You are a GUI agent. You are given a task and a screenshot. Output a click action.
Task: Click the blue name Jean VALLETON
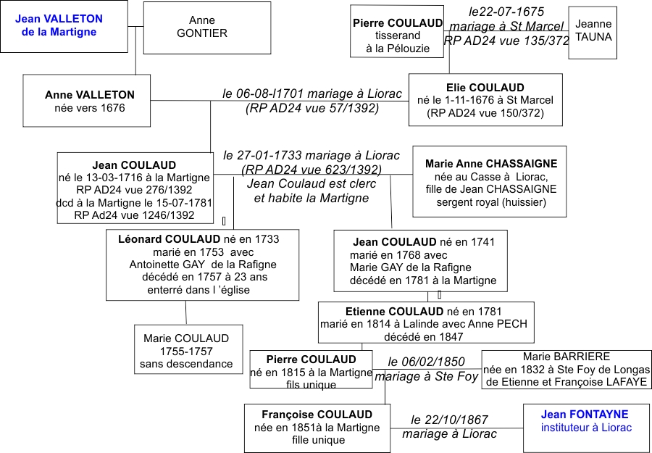(59, 19)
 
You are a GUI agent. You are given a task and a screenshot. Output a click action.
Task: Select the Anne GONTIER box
(207, 28)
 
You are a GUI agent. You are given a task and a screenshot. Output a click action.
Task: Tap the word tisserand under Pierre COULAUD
(398, 36)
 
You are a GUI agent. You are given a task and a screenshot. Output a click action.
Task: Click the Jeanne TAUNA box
(593, 33)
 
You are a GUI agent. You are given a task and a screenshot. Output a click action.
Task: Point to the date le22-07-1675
(506, 12)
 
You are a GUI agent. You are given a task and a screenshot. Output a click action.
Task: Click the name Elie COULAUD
(485, 88)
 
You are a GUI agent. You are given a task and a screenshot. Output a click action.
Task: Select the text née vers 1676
(90, 108)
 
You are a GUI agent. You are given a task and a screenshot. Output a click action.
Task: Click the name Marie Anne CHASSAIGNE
(491, 164)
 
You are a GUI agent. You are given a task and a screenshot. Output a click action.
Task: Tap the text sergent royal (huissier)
(491, 202)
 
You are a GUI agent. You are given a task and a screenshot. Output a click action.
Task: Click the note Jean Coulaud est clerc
(312, 184)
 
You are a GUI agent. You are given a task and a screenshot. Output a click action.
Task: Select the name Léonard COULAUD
(170, 239)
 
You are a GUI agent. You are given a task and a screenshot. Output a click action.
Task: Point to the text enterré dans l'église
(198, 290)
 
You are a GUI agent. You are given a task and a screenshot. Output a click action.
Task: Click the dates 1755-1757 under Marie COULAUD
(186, 351)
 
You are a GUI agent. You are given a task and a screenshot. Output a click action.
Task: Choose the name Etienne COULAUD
(395, 312)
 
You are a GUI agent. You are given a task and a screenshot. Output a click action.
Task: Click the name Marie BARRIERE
(567, 357)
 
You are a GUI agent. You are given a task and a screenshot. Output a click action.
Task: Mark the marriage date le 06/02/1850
(426, 362)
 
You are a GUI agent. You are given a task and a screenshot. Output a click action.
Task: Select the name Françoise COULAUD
(317, 415)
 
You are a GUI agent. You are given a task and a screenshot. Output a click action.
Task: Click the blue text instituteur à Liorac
(586, 427)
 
